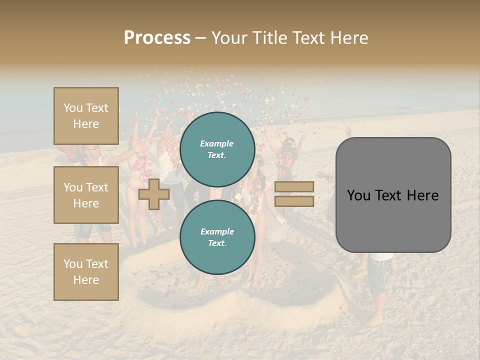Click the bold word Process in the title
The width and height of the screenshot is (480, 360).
[157, 38]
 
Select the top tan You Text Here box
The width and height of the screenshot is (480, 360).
[86, 116]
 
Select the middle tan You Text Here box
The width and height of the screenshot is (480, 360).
[86, 195]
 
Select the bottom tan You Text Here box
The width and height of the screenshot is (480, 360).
[86, 272]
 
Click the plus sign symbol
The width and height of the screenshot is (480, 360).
[154, 194]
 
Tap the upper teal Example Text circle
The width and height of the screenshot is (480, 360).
[217, 149]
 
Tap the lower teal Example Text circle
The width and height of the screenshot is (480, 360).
[217, 237]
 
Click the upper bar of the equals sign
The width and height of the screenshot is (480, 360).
[294, 187]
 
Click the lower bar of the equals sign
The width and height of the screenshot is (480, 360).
[294, 201]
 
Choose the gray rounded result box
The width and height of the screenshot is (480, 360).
[393, 195]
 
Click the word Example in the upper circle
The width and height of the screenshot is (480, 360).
[217, 143]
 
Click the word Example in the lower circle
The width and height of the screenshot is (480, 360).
[217, 231]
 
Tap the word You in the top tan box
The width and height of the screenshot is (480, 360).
[73, 108]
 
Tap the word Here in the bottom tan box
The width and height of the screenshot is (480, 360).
[86, 280]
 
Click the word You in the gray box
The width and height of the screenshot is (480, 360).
[358, 195]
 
